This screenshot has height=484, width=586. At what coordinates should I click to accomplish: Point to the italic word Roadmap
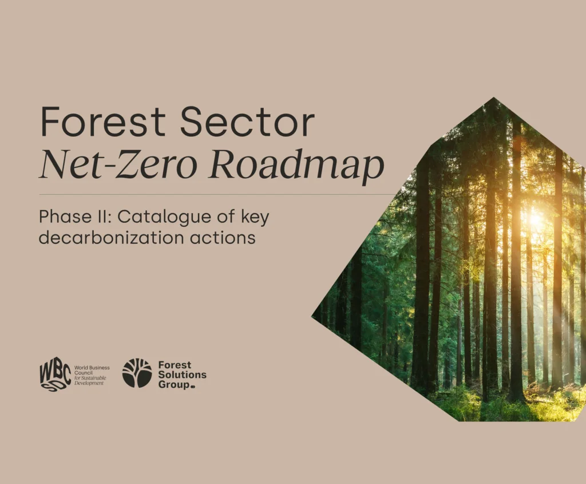(x=296, y=166)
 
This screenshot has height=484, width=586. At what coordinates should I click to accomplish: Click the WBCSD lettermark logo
(x=55, y=375)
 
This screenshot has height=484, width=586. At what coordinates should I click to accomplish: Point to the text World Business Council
(x=92, y=370)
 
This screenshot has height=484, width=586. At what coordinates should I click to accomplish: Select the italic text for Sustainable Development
(x=90, y=381)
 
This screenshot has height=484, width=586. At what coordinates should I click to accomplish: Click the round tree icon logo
(x=137, y=373)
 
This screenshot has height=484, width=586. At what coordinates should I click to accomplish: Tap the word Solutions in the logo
(x=182, y=375)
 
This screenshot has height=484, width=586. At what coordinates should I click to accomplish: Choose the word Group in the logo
(x=174, y=384)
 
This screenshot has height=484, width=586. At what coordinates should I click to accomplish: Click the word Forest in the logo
(x=175, y=365)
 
